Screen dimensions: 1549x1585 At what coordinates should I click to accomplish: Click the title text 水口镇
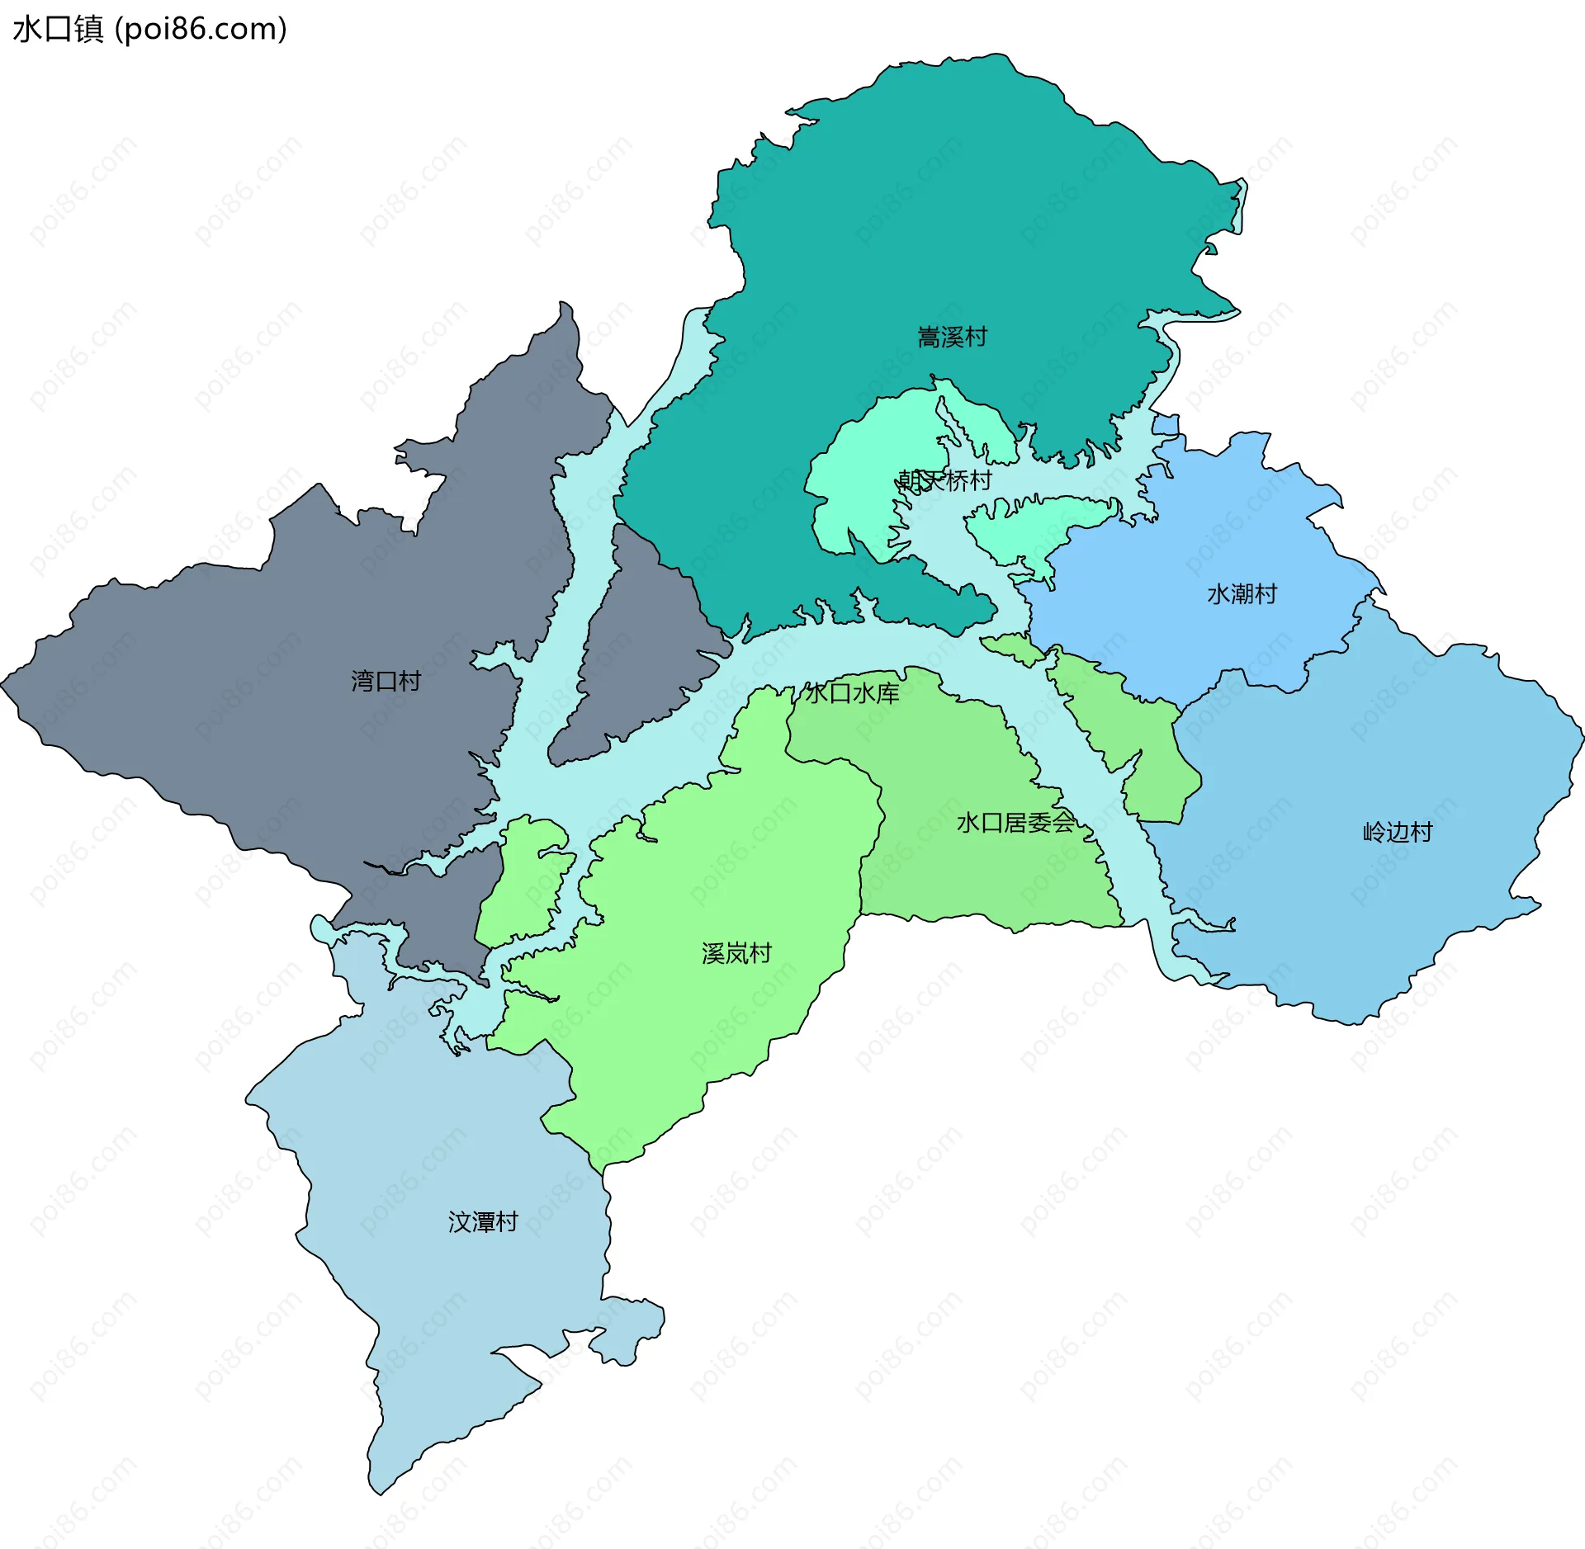58,29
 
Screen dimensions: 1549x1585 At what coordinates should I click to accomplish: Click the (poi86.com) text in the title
201,29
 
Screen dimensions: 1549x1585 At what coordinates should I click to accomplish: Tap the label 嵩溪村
952,337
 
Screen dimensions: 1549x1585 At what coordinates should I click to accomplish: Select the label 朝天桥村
944,480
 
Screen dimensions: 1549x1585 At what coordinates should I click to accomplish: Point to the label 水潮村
1242,593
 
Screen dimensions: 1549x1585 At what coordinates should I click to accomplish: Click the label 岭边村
1397,831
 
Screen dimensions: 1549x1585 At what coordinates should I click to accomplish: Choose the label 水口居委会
1015,822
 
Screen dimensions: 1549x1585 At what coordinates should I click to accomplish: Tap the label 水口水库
852,692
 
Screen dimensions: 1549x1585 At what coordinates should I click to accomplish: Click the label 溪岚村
736,953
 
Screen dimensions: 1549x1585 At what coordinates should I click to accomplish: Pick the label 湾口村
386,681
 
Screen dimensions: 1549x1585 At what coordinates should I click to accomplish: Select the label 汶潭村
483,1221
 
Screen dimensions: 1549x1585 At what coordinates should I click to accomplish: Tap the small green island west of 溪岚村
524,883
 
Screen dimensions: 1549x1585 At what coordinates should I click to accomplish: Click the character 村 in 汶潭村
506,1221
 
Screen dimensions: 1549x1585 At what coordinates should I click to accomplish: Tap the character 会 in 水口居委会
1063,822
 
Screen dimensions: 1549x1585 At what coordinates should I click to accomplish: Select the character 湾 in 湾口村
362,681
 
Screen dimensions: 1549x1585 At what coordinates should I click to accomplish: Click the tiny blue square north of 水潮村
1165,424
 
